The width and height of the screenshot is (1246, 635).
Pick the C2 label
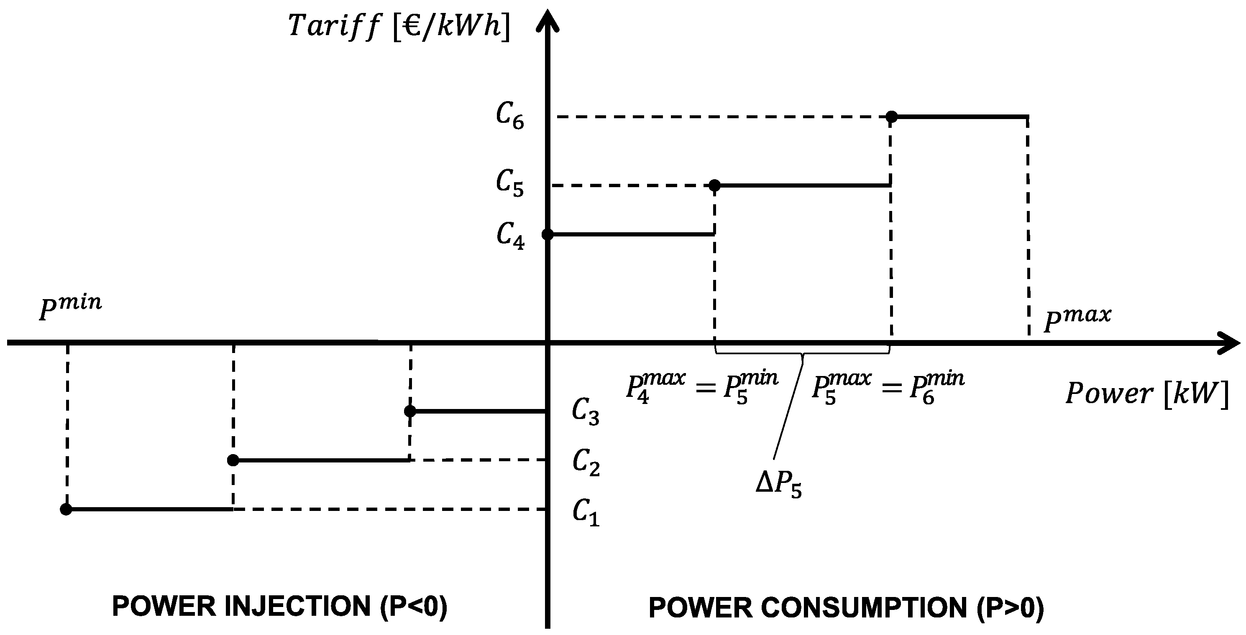[586, 462]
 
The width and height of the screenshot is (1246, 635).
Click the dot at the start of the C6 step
[891, 117]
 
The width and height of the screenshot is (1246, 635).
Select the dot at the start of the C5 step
[714, 185]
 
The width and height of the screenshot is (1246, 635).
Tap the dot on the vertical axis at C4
[548, 234]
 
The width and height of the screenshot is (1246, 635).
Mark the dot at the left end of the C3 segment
[410, 411]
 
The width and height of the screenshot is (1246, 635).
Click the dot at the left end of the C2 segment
[233, 460]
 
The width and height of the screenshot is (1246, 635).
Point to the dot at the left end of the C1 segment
[66, 509]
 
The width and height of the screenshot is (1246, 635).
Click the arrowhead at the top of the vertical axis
[548, 19]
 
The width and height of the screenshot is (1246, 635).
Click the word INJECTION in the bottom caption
[297, 606]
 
